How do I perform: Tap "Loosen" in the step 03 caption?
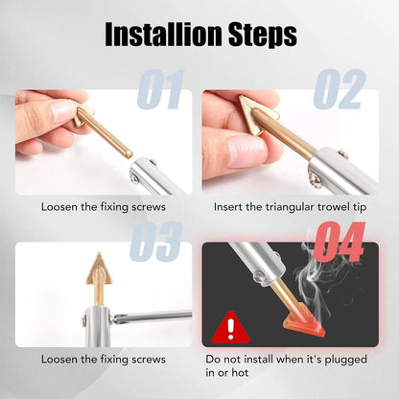(x=61, y=360)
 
